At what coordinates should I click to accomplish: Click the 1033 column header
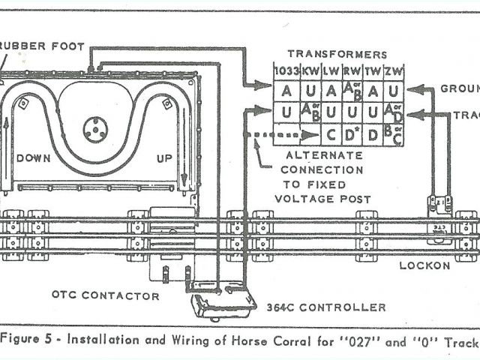click(285, 70)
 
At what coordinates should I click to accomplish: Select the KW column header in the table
click(310, 70)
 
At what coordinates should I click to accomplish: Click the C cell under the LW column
click(331, 136)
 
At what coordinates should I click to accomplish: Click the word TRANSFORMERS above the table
click(337, 54)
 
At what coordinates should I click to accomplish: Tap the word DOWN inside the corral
click(34, 158)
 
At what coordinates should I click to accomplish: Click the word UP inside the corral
click(164, 158)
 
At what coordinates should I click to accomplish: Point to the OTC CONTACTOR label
click(105, 295)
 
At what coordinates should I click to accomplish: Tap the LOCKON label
click(424, 265)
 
